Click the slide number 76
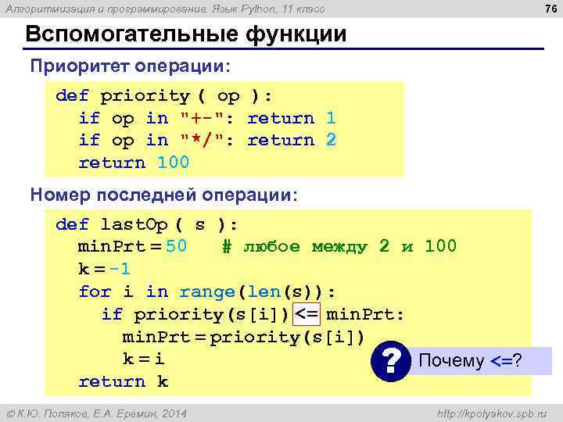pyautogui.click(x=549, y=9)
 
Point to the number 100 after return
pyautogui.click(x=173, y=163)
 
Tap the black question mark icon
pyautogui.click(x=395, y=361)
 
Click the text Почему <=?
pyautogui.click(x=471, y=361)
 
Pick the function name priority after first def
pyautogui.click(x=145, y=96)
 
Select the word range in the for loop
pyautogui.click(x=207, y=292)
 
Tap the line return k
pyautogui.click(x=123, y=381)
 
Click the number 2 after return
pyautogui.click(x=332, y=140)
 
